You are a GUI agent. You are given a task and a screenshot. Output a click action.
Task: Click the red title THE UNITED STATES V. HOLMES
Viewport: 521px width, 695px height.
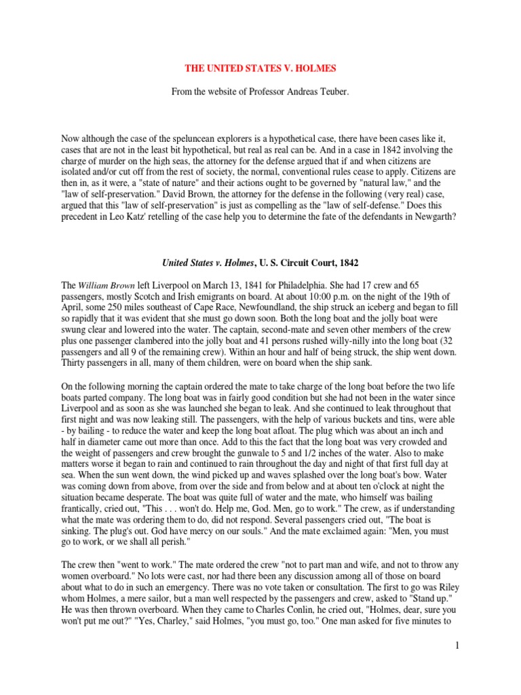point(260,69)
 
